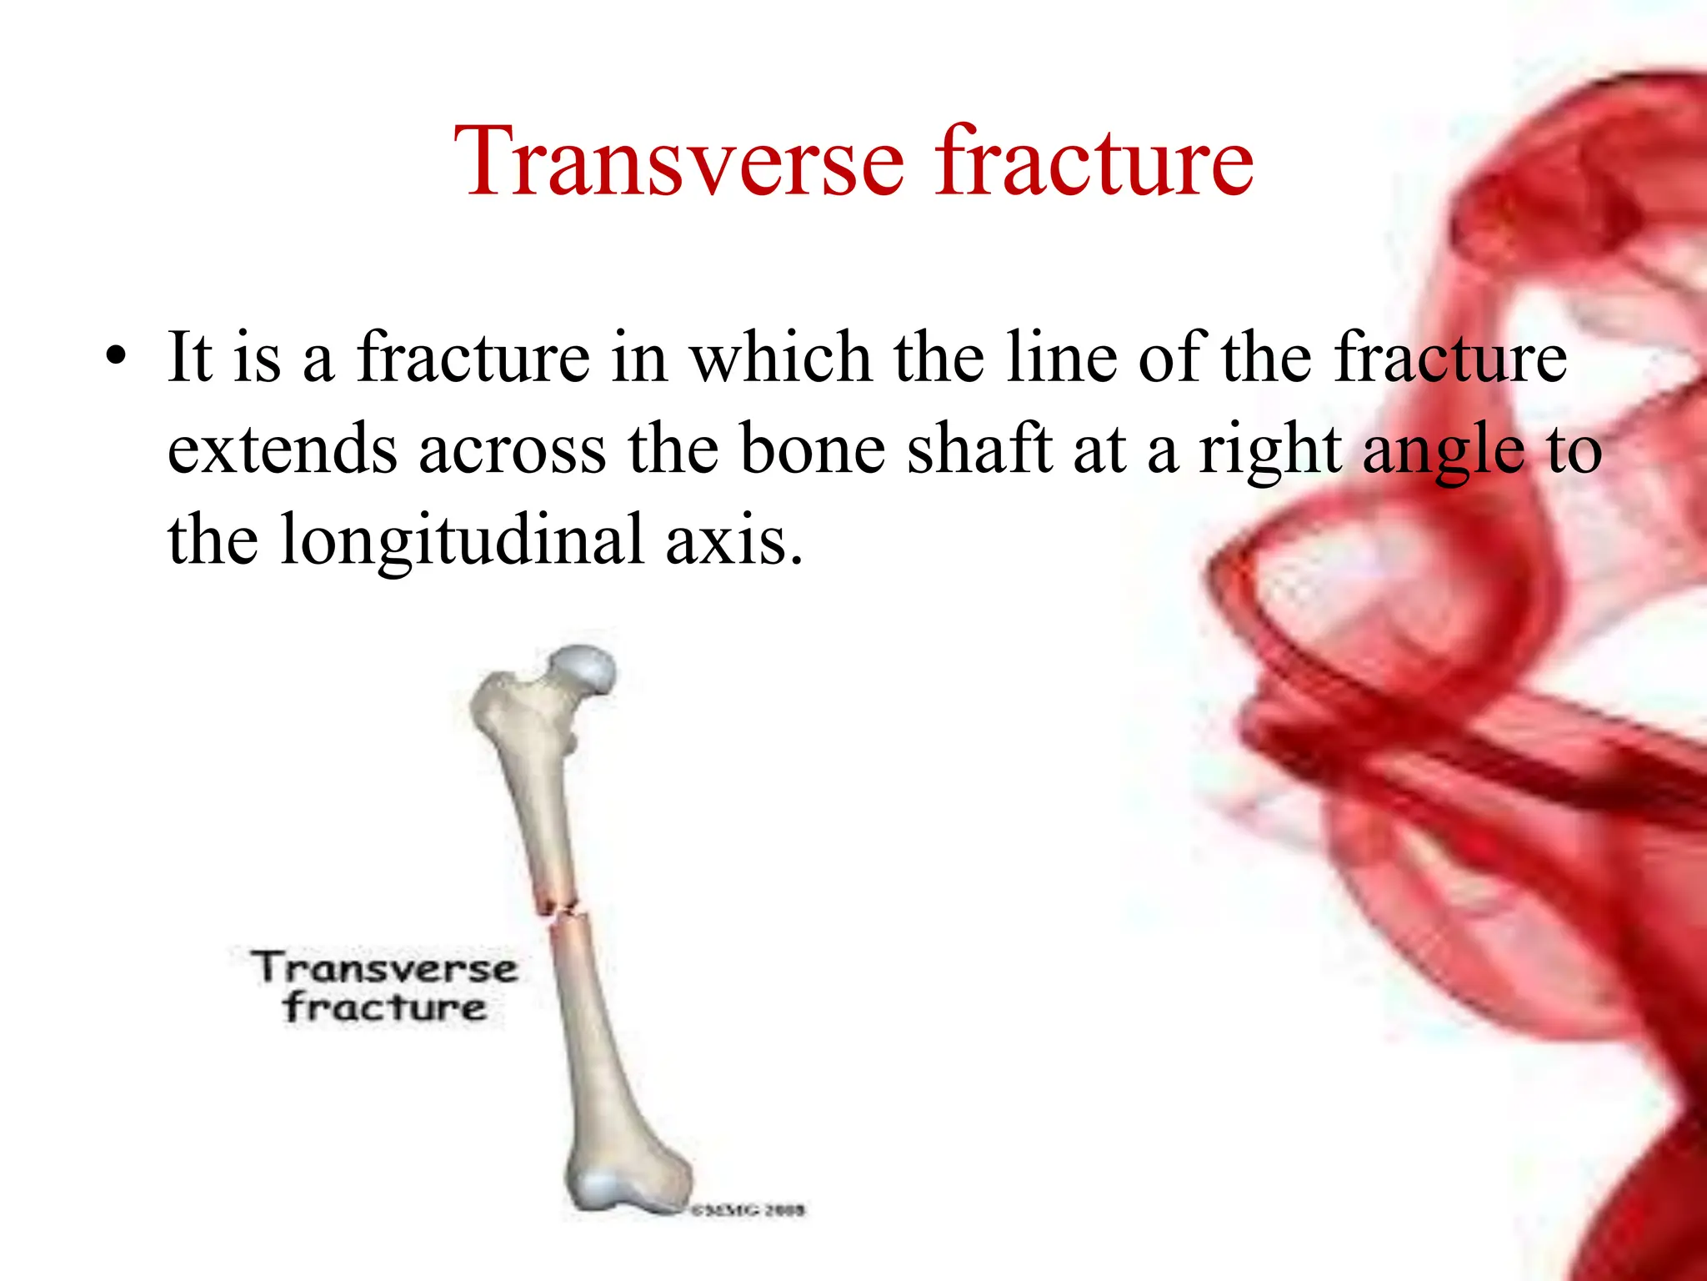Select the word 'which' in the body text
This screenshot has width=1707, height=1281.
(780, 358)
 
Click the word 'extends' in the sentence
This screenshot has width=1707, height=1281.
(282, 450)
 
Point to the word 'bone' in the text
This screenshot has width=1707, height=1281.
(812, 450)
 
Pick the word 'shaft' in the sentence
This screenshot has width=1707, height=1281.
(979, 450)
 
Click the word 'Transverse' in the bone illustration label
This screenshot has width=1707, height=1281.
(384, 968)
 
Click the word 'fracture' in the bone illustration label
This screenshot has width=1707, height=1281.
(384, 1007)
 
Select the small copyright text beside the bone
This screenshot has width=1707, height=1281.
(748, 1209)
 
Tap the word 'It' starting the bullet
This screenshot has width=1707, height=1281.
(189, 358)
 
